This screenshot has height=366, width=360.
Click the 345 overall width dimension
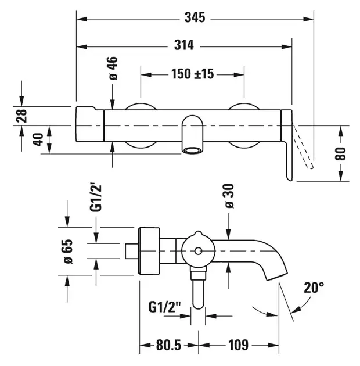pos(195,18)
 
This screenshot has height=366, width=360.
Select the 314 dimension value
pos(184,45)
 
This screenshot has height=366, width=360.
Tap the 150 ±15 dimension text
pos(192,74)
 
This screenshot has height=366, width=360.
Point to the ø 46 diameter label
pos(113,68)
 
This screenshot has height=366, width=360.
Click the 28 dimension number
pos(21,116)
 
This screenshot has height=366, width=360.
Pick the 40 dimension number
pos(38,139)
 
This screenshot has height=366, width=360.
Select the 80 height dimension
pos(340,153)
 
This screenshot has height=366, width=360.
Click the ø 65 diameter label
pos(68,252)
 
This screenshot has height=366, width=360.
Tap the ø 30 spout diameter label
pos(229,196)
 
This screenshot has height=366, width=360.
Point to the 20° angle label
pos(314,288)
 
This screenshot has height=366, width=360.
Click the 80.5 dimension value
pos(168,345)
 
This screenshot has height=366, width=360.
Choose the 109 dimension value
pos(238,345)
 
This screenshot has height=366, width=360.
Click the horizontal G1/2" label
pos(164,307)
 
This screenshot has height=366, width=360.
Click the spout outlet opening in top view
pos(192,150)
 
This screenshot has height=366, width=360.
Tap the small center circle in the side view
pos(199,251)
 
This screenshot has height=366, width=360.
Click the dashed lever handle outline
pos(303,146)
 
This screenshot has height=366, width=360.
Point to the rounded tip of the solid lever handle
pos(289,178)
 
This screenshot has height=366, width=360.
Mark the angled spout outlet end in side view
pos(277,276)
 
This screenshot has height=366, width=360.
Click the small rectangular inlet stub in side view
pos(132,251)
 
